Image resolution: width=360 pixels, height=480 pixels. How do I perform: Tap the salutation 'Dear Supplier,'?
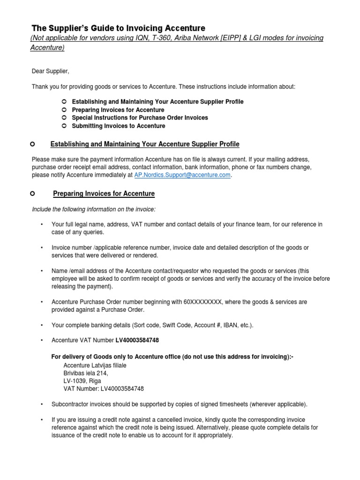point(50,72)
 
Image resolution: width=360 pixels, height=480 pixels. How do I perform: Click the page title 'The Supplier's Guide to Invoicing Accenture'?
point(118,28)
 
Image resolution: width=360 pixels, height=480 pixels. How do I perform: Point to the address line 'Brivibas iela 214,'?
point(86,373)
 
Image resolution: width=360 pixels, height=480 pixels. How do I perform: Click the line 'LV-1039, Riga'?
point(82,381)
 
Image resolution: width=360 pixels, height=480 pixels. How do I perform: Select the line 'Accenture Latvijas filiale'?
point(95,365)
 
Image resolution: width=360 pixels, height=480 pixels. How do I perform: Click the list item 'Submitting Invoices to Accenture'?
point(119,126)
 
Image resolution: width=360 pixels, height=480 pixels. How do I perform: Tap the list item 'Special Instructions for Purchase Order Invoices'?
point(140,118)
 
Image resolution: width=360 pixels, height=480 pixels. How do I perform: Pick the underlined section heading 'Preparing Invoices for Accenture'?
point(104,193)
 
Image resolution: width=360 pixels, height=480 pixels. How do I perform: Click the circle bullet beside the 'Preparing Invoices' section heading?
point(32,193)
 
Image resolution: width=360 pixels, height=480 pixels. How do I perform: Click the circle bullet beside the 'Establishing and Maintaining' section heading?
point(32,143)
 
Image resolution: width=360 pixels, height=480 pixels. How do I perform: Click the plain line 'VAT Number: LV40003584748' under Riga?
point(104,389)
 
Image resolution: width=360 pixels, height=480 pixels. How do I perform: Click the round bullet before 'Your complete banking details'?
point(42,325)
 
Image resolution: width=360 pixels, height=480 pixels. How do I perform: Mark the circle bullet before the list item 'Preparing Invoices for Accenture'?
point(63,110)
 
